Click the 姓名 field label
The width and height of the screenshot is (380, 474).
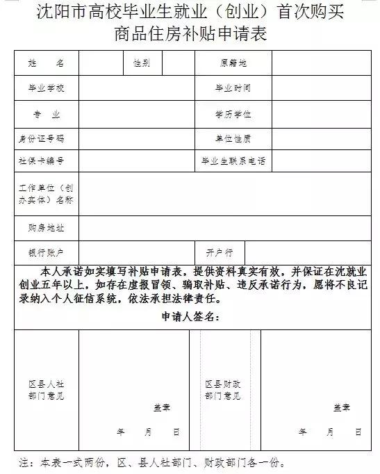(x=46, y=63)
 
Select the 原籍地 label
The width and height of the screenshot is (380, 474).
(x=233, y=63)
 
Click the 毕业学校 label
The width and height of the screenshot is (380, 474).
(x=46, y=88)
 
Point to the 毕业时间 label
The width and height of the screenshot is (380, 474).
(x=233, y=88)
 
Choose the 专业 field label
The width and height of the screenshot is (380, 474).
(x=46, y=113)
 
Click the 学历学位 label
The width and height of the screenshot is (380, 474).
(x=233, y=113)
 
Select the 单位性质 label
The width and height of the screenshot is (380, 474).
(x=233, y=138)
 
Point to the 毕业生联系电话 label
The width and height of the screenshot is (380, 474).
(x=233, y=161)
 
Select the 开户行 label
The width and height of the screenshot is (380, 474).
(x=219, y=251)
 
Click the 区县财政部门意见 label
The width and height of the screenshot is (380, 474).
(x=223, y=389)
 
